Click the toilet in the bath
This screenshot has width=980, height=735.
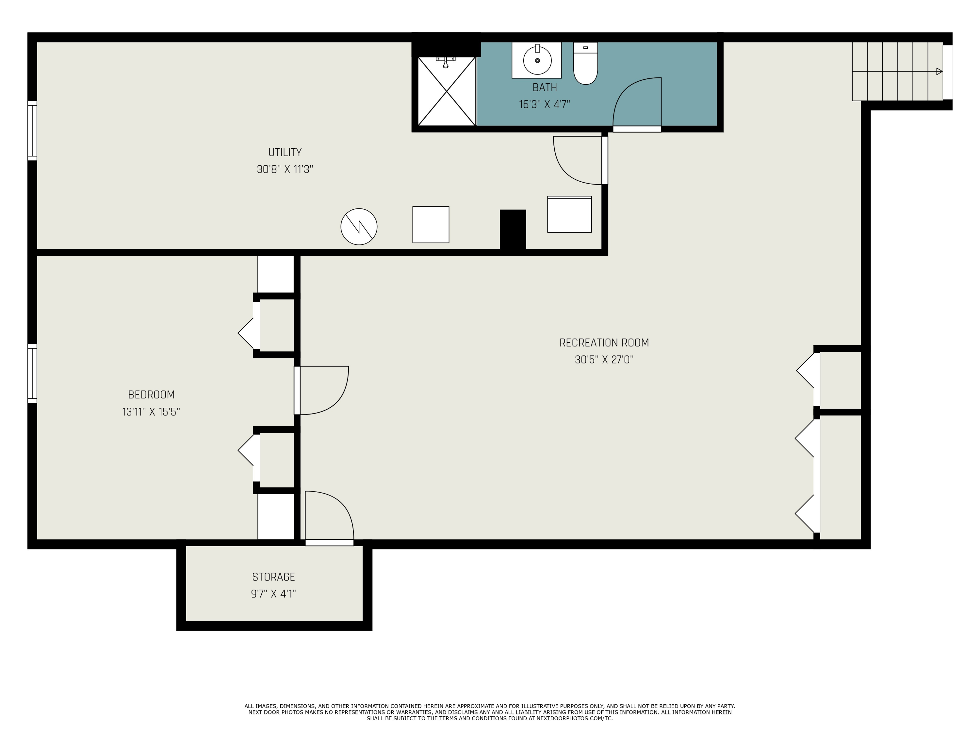(585, 63)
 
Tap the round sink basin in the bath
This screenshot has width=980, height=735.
(537, 60)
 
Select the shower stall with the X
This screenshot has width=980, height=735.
(447, 91)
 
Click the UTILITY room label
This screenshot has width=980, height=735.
(285, 153)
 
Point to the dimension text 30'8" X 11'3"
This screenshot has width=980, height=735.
(285, 169)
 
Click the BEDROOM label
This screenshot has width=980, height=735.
(151, 395)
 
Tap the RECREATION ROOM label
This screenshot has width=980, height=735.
(604, 343)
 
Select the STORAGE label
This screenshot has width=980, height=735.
(273, 577)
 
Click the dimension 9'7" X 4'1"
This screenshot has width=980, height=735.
(273, 594)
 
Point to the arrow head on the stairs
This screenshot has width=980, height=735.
(939, 71)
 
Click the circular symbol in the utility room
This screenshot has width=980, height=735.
(359, 226)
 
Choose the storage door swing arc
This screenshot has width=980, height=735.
(340, 505)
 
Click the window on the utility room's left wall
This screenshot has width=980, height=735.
(32, 131)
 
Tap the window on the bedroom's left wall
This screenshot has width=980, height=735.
(32, 373)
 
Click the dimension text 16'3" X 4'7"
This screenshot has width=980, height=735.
(545, 105)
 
